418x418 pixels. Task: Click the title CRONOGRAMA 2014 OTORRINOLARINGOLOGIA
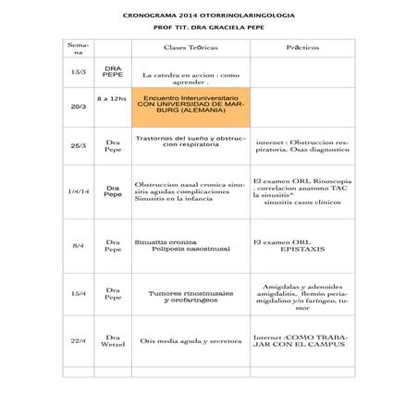tap(208, 17)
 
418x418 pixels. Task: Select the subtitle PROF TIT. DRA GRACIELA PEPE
tap(208, 30)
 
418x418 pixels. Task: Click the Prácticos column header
tap(302, 46)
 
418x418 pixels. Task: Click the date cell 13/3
tap(79, 73)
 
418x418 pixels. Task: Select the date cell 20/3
tap(79, 106)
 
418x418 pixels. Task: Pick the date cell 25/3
tap(79, 145)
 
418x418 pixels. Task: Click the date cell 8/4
tap(79, 245)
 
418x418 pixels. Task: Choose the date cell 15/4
tap(79, 293)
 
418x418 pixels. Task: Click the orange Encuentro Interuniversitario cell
tap(191, 104)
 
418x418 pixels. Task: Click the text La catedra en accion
tap(191, 77)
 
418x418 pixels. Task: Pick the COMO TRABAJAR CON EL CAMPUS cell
tap(302, 341)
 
